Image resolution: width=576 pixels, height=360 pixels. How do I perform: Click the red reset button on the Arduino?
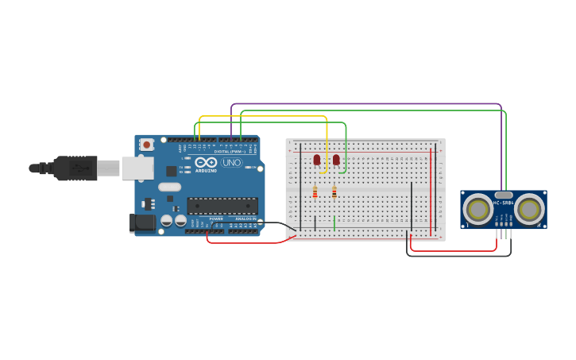(146, 145)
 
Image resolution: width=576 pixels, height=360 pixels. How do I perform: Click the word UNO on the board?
(231, 163)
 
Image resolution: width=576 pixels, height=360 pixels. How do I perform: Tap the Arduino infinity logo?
(205, 163)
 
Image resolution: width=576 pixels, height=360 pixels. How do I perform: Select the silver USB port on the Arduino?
(137, 168)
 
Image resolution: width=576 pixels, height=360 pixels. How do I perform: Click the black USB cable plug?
(75, 168)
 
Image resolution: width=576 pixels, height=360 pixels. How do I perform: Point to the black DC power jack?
(141, 223)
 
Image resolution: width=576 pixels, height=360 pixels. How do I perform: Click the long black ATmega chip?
(222, 206)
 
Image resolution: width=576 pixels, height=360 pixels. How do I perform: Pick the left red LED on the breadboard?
(317, 161)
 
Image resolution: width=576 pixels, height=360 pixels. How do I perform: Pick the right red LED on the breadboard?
(336, 161)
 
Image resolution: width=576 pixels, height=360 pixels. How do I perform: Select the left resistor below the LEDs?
(315, 192)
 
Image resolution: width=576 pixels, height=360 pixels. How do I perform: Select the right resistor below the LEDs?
(334, 192)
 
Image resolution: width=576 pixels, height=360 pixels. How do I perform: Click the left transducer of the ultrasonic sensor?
(478, 210)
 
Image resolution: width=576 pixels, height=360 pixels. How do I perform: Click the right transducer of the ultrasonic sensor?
(528, 210)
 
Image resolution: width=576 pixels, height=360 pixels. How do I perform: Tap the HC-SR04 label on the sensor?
(503, 203)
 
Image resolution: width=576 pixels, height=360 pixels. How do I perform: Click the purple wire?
(365, 104)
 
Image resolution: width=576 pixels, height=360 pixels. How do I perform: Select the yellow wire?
(262, 116)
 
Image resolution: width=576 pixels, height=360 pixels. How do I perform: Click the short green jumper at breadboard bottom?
(334, 223)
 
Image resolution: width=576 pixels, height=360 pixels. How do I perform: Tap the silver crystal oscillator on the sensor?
(503, 195)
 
